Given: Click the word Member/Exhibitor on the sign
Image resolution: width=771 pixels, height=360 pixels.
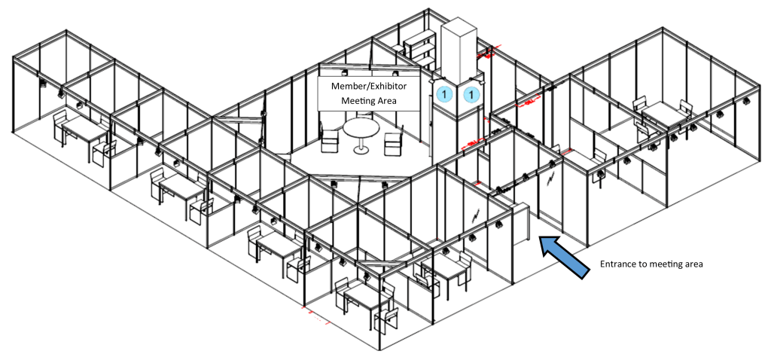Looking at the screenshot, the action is [x=369, y=86].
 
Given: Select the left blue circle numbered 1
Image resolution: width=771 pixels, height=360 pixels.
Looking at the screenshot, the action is [x=444, y=93].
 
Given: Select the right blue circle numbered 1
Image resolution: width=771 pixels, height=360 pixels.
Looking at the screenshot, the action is [x=471, y=94].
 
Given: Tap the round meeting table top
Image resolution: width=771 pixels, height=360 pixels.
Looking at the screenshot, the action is [x=361, y=128].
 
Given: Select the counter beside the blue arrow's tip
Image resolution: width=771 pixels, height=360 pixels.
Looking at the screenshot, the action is [x=521, y=224].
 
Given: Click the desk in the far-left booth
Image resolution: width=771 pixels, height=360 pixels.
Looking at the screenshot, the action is [x=84, y=132].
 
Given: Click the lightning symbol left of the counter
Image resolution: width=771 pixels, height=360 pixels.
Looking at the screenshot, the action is [x=476, y=215].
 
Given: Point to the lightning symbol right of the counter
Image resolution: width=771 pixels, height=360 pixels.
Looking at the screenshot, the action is [x=550, y=174].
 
